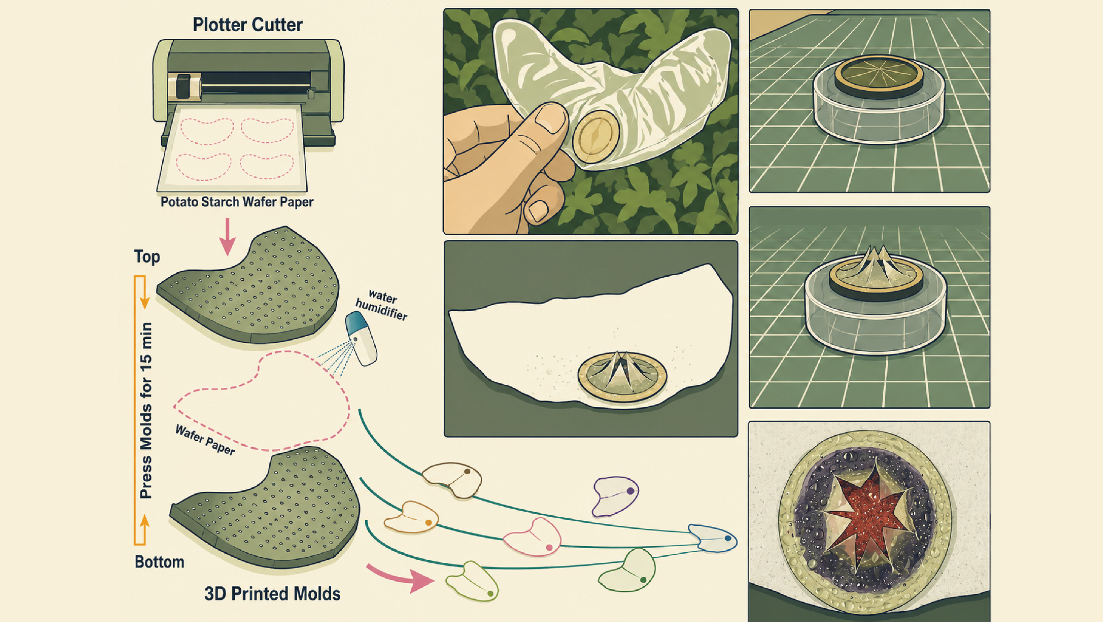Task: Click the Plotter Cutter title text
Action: (x=247, y=25)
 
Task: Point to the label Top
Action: (x=147, y=257)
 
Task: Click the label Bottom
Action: (x=159, y=562)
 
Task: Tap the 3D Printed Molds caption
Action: (x=272, y=594)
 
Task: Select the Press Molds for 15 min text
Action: (x=146, y=410)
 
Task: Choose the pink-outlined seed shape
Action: (x=532, y=537)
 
